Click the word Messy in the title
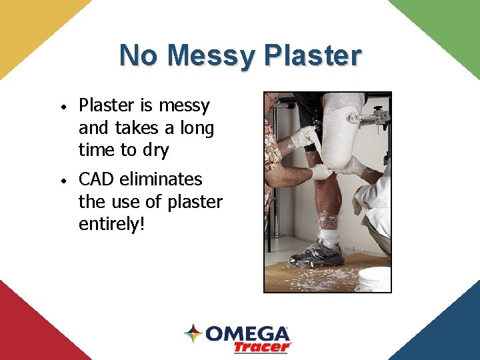(212, 56)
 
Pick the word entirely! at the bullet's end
(112, 224)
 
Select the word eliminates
(161, 179)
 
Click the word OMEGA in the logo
(247, 333)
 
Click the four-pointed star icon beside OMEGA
(193, 333)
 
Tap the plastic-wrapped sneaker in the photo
(317, 254)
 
